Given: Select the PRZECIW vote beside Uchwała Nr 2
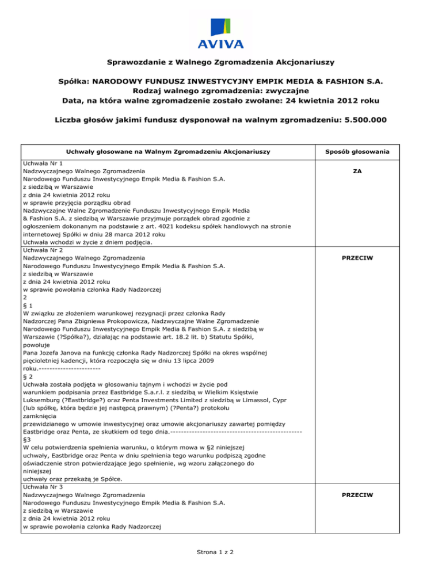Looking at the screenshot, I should click(x=357, y=258).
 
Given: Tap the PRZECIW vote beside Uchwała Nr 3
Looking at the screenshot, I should click(x=357, y=494).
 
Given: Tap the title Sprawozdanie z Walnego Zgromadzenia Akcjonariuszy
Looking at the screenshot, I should click(x=221, y=61).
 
